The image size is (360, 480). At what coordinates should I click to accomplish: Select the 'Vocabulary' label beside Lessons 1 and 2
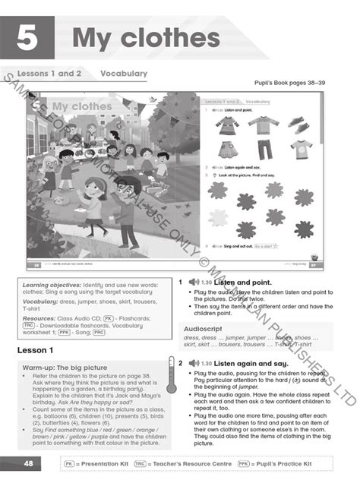point(124,74)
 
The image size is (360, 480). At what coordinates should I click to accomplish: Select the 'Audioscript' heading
point(206,327)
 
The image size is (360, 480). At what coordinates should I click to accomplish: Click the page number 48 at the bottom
point(27,463)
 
